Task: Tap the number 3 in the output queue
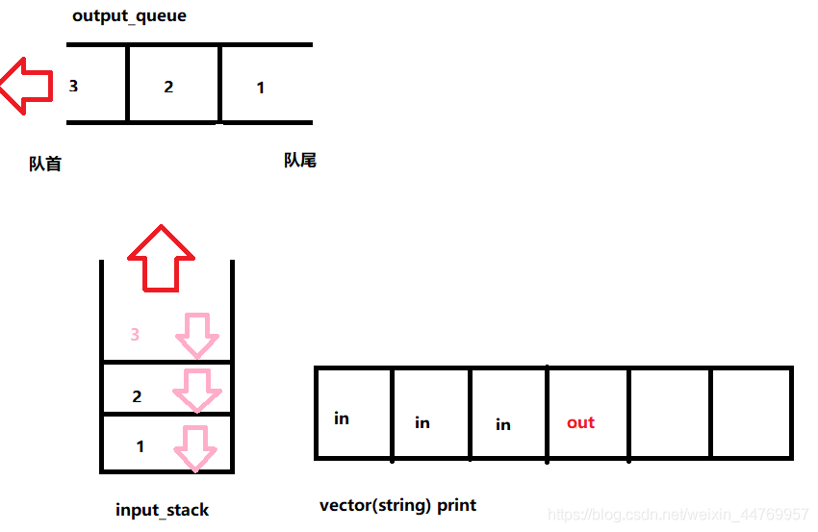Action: (73, 86)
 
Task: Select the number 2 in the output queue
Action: (168, 87)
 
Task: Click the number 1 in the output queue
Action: (260, 89)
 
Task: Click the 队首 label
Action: (45, 165)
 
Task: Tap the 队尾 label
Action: (299, 161)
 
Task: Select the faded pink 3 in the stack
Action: (135, 335)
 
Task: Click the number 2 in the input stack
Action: (137, 396)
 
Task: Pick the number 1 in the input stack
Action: (141, 446)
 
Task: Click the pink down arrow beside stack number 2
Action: (196, 391)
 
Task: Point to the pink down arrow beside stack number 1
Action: (196, 446)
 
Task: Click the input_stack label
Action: (162, 510)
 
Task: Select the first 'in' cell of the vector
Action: (342, 418)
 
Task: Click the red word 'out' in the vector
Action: (580, 422)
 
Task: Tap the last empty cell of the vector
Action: (751, 412)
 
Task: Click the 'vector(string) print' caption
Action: (397, 505)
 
